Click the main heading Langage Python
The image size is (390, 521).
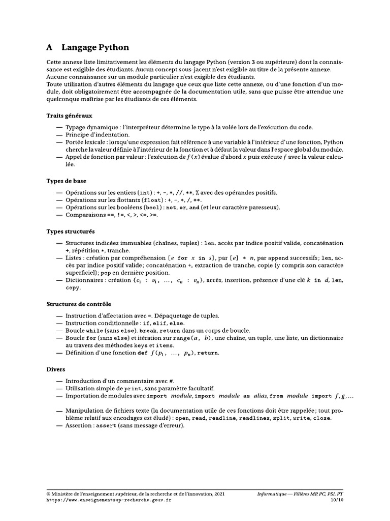click(95, 47)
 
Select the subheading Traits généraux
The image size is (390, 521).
click(69, 115)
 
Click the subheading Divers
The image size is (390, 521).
click(56, 369)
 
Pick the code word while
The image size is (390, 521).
click(93, 330)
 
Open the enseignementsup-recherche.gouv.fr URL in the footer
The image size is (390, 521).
click(109, 500)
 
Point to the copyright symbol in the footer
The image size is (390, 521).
click(48, 494)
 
